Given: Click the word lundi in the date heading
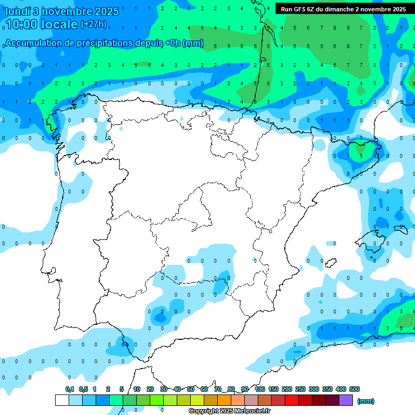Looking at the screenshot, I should click(17, 11).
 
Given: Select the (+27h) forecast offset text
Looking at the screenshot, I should click(93, 24).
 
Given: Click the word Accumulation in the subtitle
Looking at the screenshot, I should click(36, 43).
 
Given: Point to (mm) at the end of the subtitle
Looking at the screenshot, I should click(193, 43).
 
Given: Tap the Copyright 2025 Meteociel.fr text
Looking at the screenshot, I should click(229, 411).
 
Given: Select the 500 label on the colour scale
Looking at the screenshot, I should click(354, 389).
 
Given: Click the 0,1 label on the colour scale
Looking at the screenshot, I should click(70, 389).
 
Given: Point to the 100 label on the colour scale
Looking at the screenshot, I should click(260, 389).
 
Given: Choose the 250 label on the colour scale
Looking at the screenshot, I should click(300, 389).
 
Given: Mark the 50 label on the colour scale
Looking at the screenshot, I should click(191, 389).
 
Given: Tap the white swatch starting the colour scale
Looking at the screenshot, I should click(62, 400).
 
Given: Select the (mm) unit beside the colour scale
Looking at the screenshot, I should click(366, 401).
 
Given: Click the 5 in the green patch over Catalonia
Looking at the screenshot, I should click(361, 156).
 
